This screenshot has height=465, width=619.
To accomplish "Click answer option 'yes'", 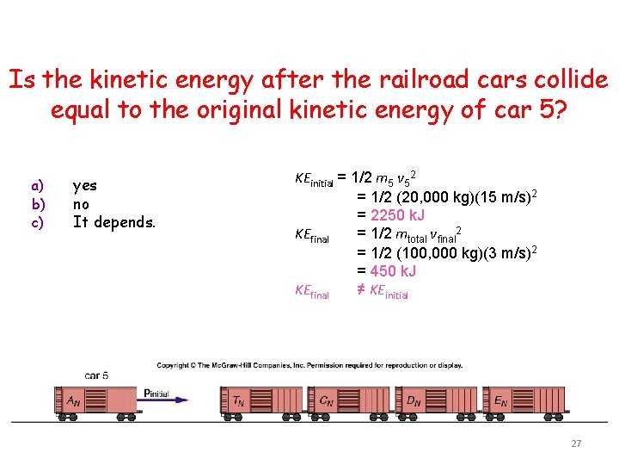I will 85,185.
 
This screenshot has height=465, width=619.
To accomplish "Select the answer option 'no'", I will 81,204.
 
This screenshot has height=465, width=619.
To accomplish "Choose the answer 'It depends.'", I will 113,223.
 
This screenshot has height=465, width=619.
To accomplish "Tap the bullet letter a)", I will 37,185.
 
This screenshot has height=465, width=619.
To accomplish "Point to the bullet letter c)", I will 37,223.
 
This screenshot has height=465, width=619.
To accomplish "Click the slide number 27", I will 576,443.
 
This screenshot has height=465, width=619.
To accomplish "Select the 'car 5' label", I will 97,375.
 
